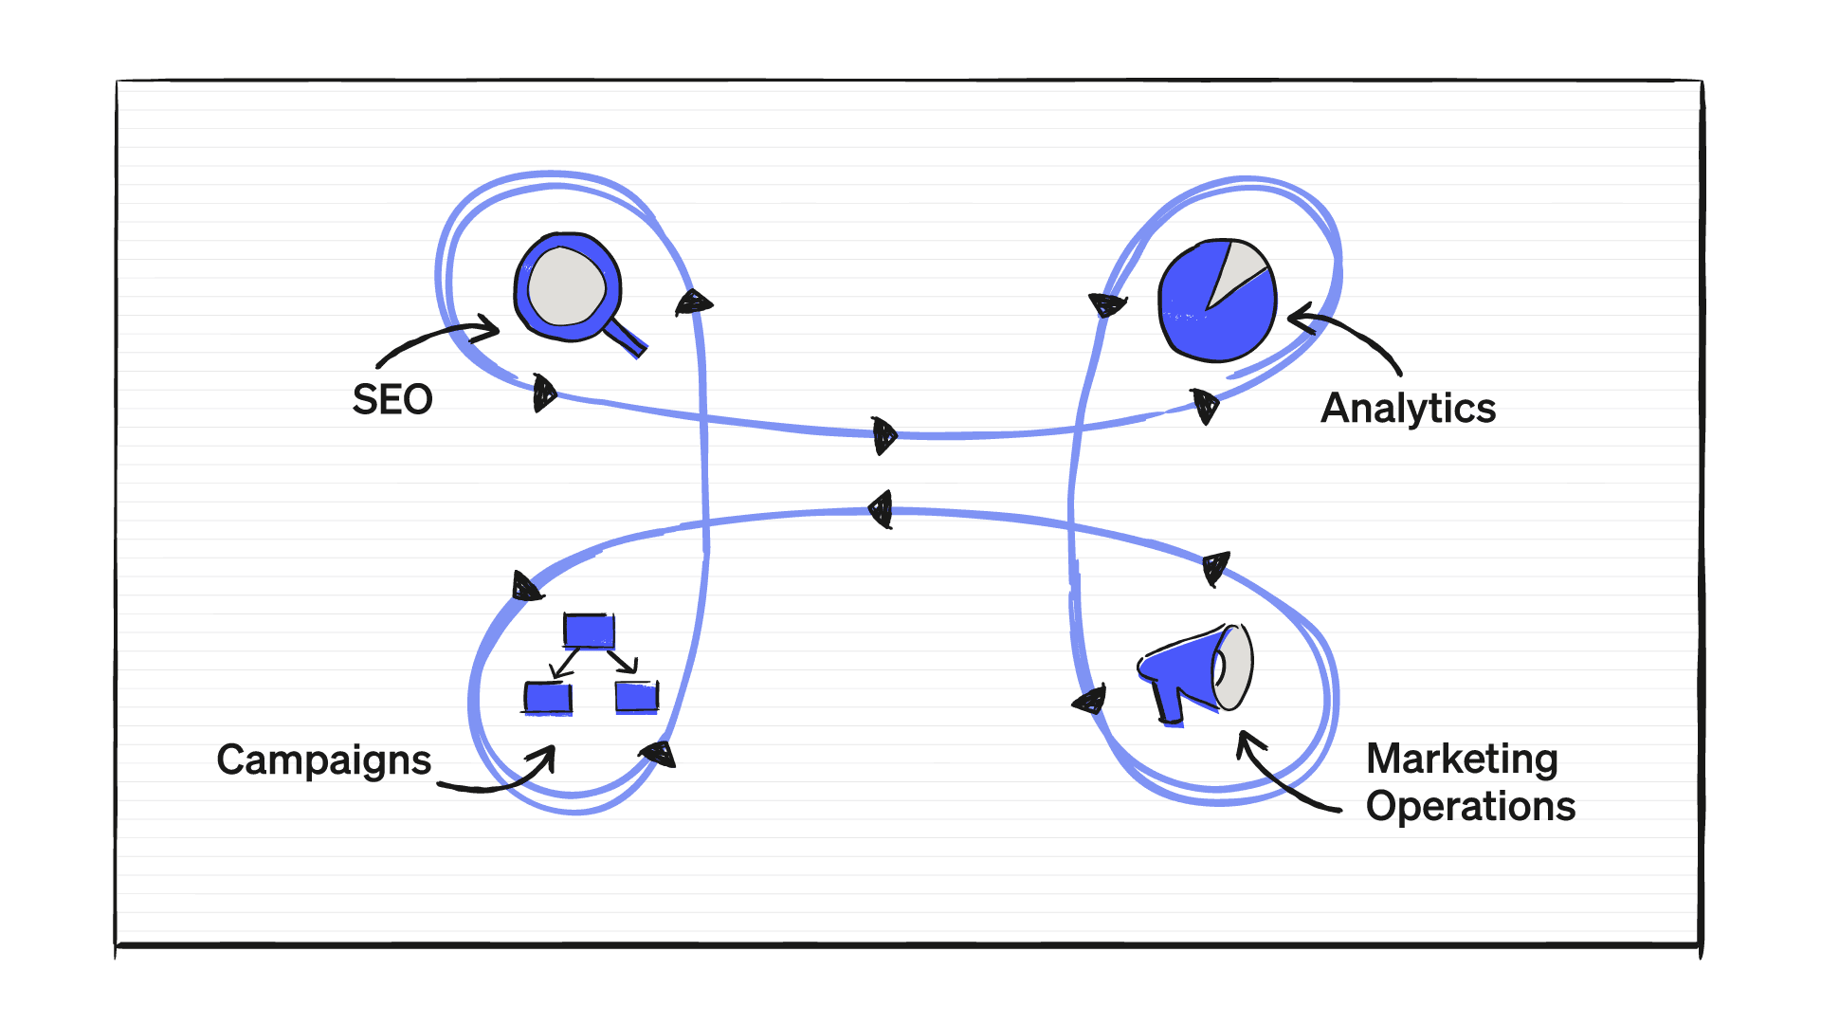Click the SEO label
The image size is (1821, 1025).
pyautogui.click(x=392, y=400)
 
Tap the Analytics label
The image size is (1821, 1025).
pyautogui.click(x=1408, y=409)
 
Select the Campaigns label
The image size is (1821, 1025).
pyautogui.click(x=323, y=760)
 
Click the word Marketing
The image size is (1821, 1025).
pyautogui.click(x=1462, y=759)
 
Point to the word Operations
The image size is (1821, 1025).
pyautogui.click(x=1470, y=806)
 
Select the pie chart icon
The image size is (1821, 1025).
pyautogui.click(x=1217, y=300)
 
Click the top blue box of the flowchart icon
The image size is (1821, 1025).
pyautogui.click(x=589, y=631)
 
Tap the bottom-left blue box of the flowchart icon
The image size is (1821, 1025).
pyautogui.click(x=548, y=697)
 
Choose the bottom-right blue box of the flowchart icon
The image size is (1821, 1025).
pyautogui.click(x=636, y=697)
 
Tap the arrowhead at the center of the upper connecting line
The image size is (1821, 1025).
pyautogui.click(x=883, y=436)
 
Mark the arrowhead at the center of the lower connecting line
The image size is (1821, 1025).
pyautogui.click(x=882, y=509)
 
